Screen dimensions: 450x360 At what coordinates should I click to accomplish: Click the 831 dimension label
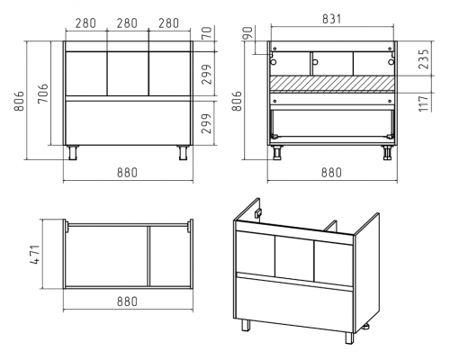332,19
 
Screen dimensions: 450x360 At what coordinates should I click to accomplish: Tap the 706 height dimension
43,94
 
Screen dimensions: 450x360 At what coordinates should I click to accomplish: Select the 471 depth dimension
35,255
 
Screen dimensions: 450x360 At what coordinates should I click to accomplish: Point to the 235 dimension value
424,59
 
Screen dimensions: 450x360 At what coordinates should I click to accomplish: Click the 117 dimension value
424,103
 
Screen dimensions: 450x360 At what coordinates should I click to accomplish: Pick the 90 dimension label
247,33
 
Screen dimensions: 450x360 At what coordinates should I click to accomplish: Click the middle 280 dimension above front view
127,23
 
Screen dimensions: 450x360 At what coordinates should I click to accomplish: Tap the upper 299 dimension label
206,75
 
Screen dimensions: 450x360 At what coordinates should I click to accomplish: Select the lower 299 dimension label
206,123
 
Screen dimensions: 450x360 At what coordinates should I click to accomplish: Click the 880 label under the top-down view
127,301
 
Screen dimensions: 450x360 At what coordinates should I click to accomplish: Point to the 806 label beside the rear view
237,101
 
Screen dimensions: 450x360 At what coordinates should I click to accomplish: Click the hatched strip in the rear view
332,83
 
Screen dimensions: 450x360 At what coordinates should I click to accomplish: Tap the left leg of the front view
73,153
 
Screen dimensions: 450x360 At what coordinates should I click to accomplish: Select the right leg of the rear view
387,153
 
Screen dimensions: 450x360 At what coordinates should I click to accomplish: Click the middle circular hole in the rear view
315,62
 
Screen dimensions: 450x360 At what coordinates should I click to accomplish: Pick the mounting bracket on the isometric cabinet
258,213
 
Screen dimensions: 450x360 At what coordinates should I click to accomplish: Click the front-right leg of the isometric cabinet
349,337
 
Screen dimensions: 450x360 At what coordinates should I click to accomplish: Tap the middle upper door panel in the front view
128,74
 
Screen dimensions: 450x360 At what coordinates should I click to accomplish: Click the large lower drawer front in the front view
128,123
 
